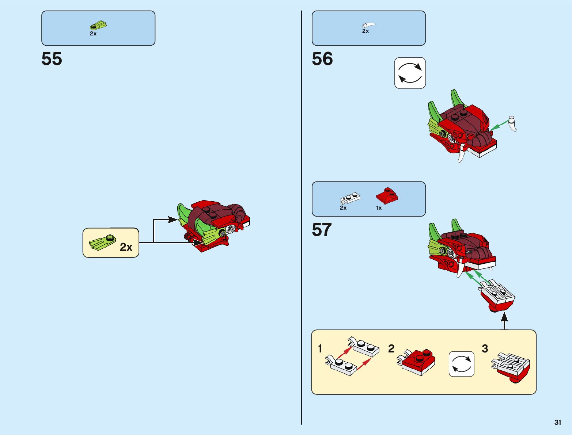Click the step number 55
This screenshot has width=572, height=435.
tap(52, 59)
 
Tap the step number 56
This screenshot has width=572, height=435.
tap(322, 59)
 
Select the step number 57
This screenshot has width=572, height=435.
tap(322, 230)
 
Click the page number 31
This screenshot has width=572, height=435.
tap(557, 422)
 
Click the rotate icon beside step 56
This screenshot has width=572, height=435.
tap(410, 73)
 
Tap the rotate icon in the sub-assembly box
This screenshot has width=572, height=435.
tap(461, 364)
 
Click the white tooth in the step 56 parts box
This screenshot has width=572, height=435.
tap(368, 25)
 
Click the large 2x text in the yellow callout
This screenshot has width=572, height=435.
tap(126, 247)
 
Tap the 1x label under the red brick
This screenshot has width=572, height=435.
tap(379, 208)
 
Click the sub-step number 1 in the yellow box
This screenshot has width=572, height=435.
tap(320, 348)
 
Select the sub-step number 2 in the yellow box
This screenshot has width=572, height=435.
tap(391, 348)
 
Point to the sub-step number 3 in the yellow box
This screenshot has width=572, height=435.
tap(485, 348)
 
